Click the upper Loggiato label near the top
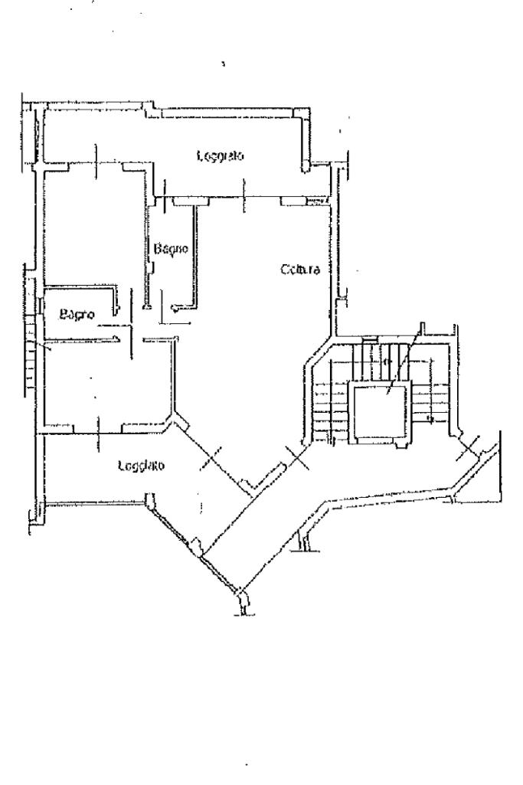[220, 156]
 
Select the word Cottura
[299, 270]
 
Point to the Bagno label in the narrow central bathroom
[171, 249]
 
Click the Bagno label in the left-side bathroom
[77, 314]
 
